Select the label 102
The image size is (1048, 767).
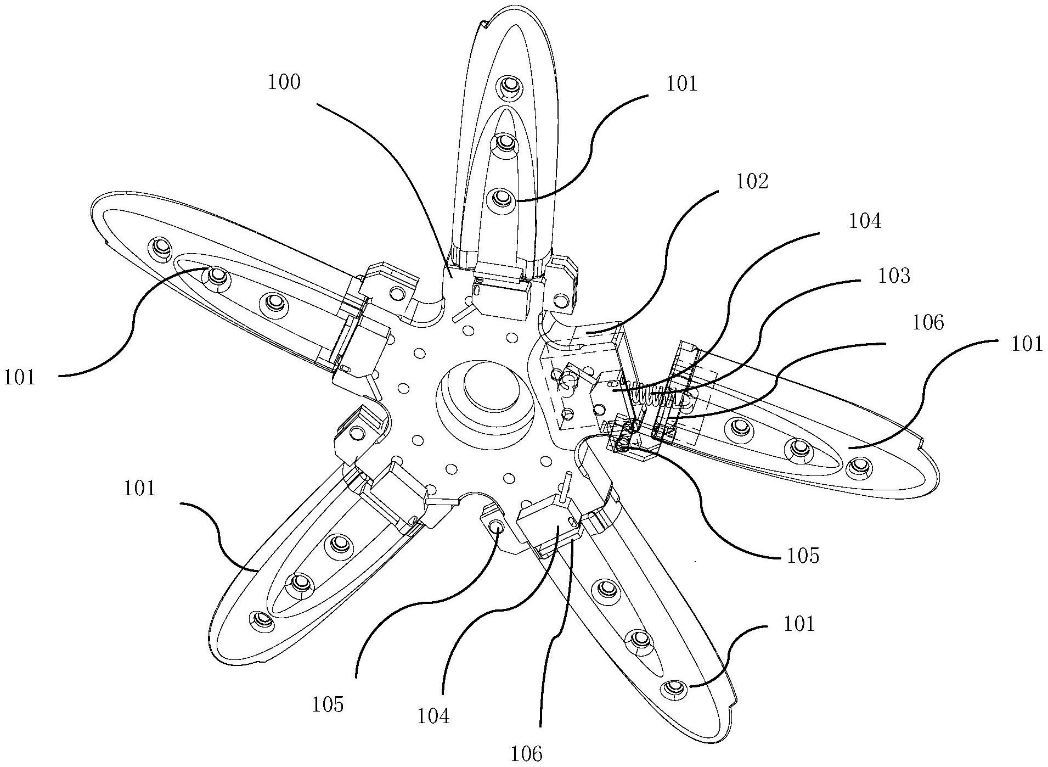click(752, 182)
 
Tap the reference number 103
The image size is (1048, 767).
click(894, 276)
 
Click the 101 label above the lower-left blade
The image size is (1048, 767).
click(139, 488)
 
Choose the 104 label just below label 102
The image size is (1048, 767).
click(865, 221)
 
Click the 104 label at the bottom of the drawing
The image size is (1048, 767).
click(433, 716)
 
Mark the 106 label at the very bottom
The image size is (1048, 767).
click(527, 754)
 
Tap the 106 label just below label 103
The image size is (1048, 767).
click(928, 323)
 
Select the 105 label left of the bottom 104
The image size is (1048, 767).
click(328, 704)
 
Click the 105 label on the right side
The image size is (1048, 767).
click(802, 556)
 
